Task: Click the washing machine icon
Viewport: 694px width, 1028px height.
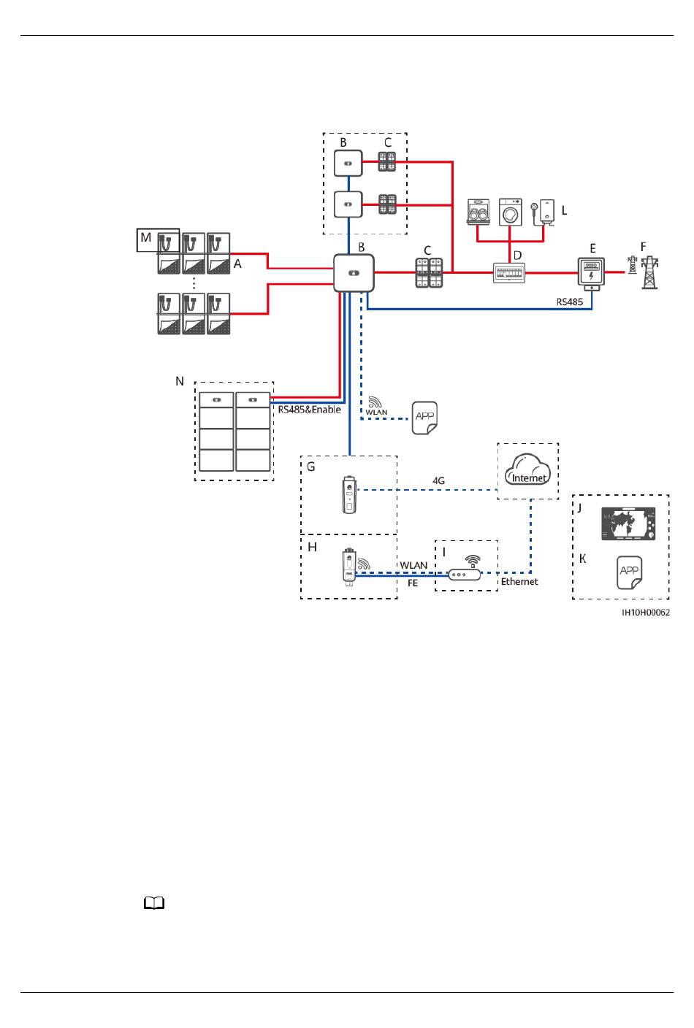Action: (511, 212)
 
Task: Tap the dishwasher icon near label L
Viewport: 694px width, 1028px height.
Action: (478, 212)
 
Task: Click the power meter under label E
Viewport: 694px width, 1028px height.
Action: (591, 274)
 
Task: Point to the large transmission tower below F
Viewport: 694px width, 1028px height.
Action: (649, 272)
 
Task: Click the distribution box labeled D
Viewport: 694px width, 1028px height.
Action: (509, 273)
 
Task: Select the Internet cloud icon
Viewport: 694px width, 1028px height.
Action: (527, 469)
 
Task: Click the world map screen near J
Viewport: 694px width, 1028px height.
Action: (628, 523)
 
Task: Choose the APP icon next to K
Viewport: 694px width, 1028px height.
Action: (629, 572)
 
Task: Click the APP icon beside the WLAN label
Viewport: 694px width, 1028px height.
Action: (424, 418)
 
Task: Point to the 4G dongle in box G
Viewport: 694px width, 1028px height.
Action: (349, 495)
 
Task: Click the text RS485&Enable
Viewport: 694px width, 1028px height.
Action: (309, 410)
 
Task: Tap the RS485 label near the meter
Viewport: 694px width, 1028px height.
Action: (570, 302)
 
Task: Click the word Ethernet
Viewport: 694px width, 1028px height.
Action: (519, 581)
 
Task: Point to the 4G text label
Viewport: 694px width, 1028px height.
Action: (438, 480)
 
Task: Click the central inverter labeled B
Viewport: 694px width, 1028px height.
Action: (354, 272)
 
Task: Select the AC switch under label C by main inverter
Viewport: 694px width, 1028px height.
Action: (429, 272)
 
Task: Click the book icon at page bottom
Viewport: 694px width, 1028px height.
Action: (154, 903)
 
